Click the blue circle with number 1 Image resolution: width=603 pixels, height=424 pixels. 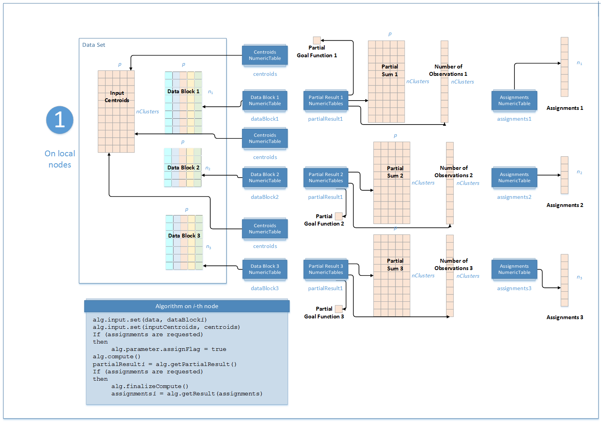(60, 120)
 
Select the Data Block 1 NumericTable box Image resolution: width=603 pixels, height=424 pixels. (265, 101)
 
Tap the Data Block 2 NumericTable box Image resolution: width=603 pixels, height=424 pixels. (265, 178)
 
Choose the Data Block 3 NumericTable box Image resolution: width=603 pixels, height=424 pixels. (265, 269)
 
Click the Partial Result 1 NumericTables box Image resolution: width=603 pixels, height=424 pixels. (326, 101)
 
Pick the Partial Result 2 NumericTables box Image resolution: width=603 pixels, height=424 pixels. (326, 178)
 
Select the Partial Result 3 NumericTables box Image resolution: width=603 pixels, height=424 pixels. (326, 269)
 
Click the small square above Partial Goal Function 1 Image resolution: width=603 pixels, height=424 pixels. (317, 40)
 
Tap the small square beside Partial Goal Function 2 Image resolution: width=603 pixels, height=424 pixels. (339, 216)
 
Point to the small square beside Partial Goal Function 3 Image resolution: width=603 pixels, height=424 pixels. (339, 309)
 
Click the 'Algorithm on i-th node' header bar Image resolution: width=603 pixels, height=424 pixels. (187, 306)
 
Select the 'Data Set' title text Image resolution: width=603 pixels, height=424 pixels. (94, 45)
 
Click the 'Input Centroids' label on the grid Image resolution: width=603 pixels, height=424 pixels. (117, 97)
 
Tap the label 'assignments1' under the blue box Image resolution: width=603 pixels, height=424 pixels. (514, 119)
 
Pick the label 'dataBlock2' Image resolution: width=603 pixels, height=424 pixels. (265, 197)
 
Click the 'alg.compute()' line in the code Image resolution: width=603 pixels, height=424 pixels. (116, 357)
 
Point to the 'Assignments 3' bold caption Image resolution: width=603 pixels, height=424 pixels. (565, 318)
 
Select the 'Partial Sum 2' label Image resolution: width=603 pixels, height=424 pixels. (395, 172)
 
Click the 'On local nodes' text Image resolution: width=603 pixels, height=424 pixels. (60, 159)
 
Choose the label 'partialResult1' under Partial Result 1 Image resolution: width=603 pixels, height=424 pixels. (325, 119)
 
